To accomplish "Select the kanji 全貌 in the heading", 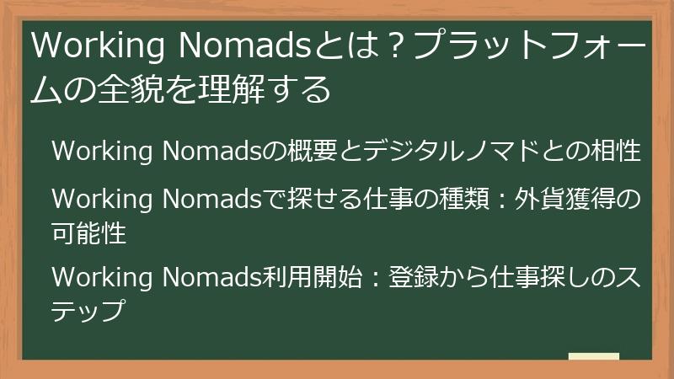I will pyautogui.click(x=128, y=88).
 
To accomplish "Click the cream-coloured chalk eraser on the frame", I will pyautogui.click(x=593, y=356).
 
